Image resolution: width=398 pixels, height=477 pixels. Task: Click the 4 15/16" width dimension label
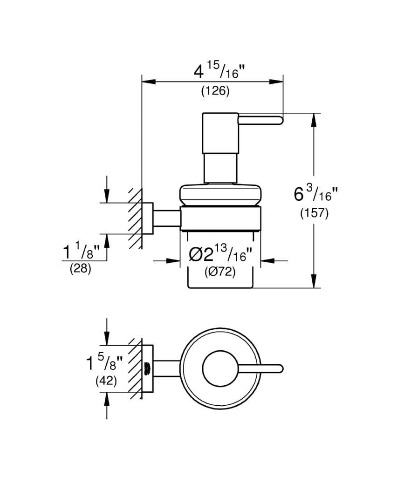219,72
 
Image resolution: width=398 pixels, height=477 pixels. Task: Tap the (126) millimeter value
215,92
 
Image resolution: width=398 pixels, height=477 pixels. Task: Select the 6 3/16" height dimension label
313,193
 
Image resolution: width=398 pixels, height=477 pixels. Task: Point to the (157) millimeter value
314,213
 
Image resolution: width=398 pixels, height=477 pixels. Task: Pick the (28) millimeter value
80,269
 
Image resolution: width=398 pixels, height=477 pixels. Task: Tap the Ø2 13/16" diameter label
220,255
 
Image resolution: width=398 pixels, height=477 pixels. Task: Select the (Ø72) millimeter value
220,273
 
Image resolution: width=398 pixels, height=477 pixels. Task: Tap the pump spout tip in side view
279,120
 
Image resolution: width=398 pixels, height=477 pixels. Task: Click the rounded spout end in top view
279,368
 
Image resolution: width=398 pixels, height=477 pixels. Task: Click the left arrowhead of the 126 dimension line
148,82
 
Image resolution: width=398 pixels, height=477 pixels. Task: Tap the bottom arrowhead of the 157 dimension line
315,281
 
